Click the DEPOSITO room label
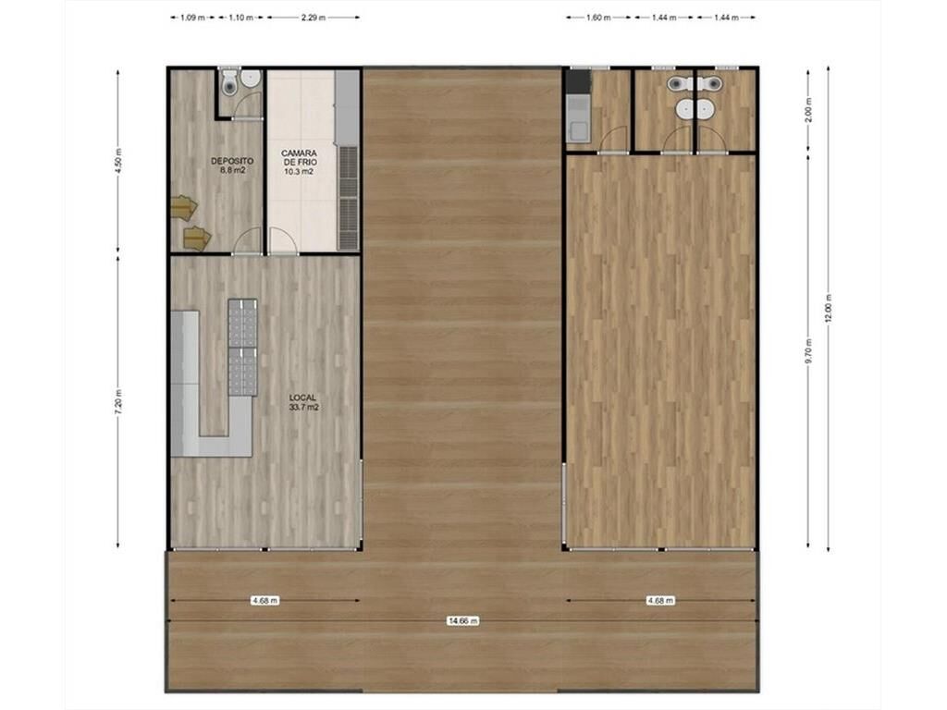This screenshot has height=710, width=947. (x=232, y=161)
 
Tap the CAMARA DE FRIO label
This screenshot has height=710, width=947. (x=299, y=157)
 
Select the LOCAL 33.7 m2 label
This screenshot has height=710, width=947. (x=303, y=402)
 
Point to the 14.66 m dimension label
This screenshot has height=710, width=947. (x=463, y=620)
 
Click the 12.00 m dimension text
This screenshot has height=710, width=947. (x=829, y=310)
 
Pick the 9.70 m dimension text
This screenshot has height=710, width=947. (x=808, y=350)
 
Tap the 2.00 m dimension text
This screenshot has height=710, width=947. (x=808, y=110)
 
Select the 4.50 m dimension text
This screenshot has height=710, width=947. (x=118, y=161)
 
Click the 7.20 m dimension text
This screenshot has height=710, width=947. (x=118, y=402)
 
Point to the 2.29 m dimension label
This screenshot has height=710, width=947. (x=314, y=18)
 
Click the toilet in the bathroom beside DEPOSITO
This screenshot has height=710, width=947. (x=229, y=82)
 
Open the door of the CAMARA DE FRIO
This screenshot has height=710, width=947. (x=283, y=241)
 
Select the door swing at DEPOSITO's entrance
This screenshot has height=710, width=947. (x=248, y=241)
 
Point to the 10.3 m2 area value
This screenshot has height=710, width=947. (x=299, y=171)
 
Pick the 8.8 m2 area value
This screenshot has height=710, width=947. (x=232, y=170)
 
